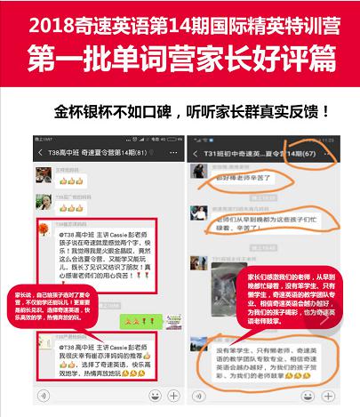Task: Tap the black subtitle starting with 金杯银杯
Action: [190, 112]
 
